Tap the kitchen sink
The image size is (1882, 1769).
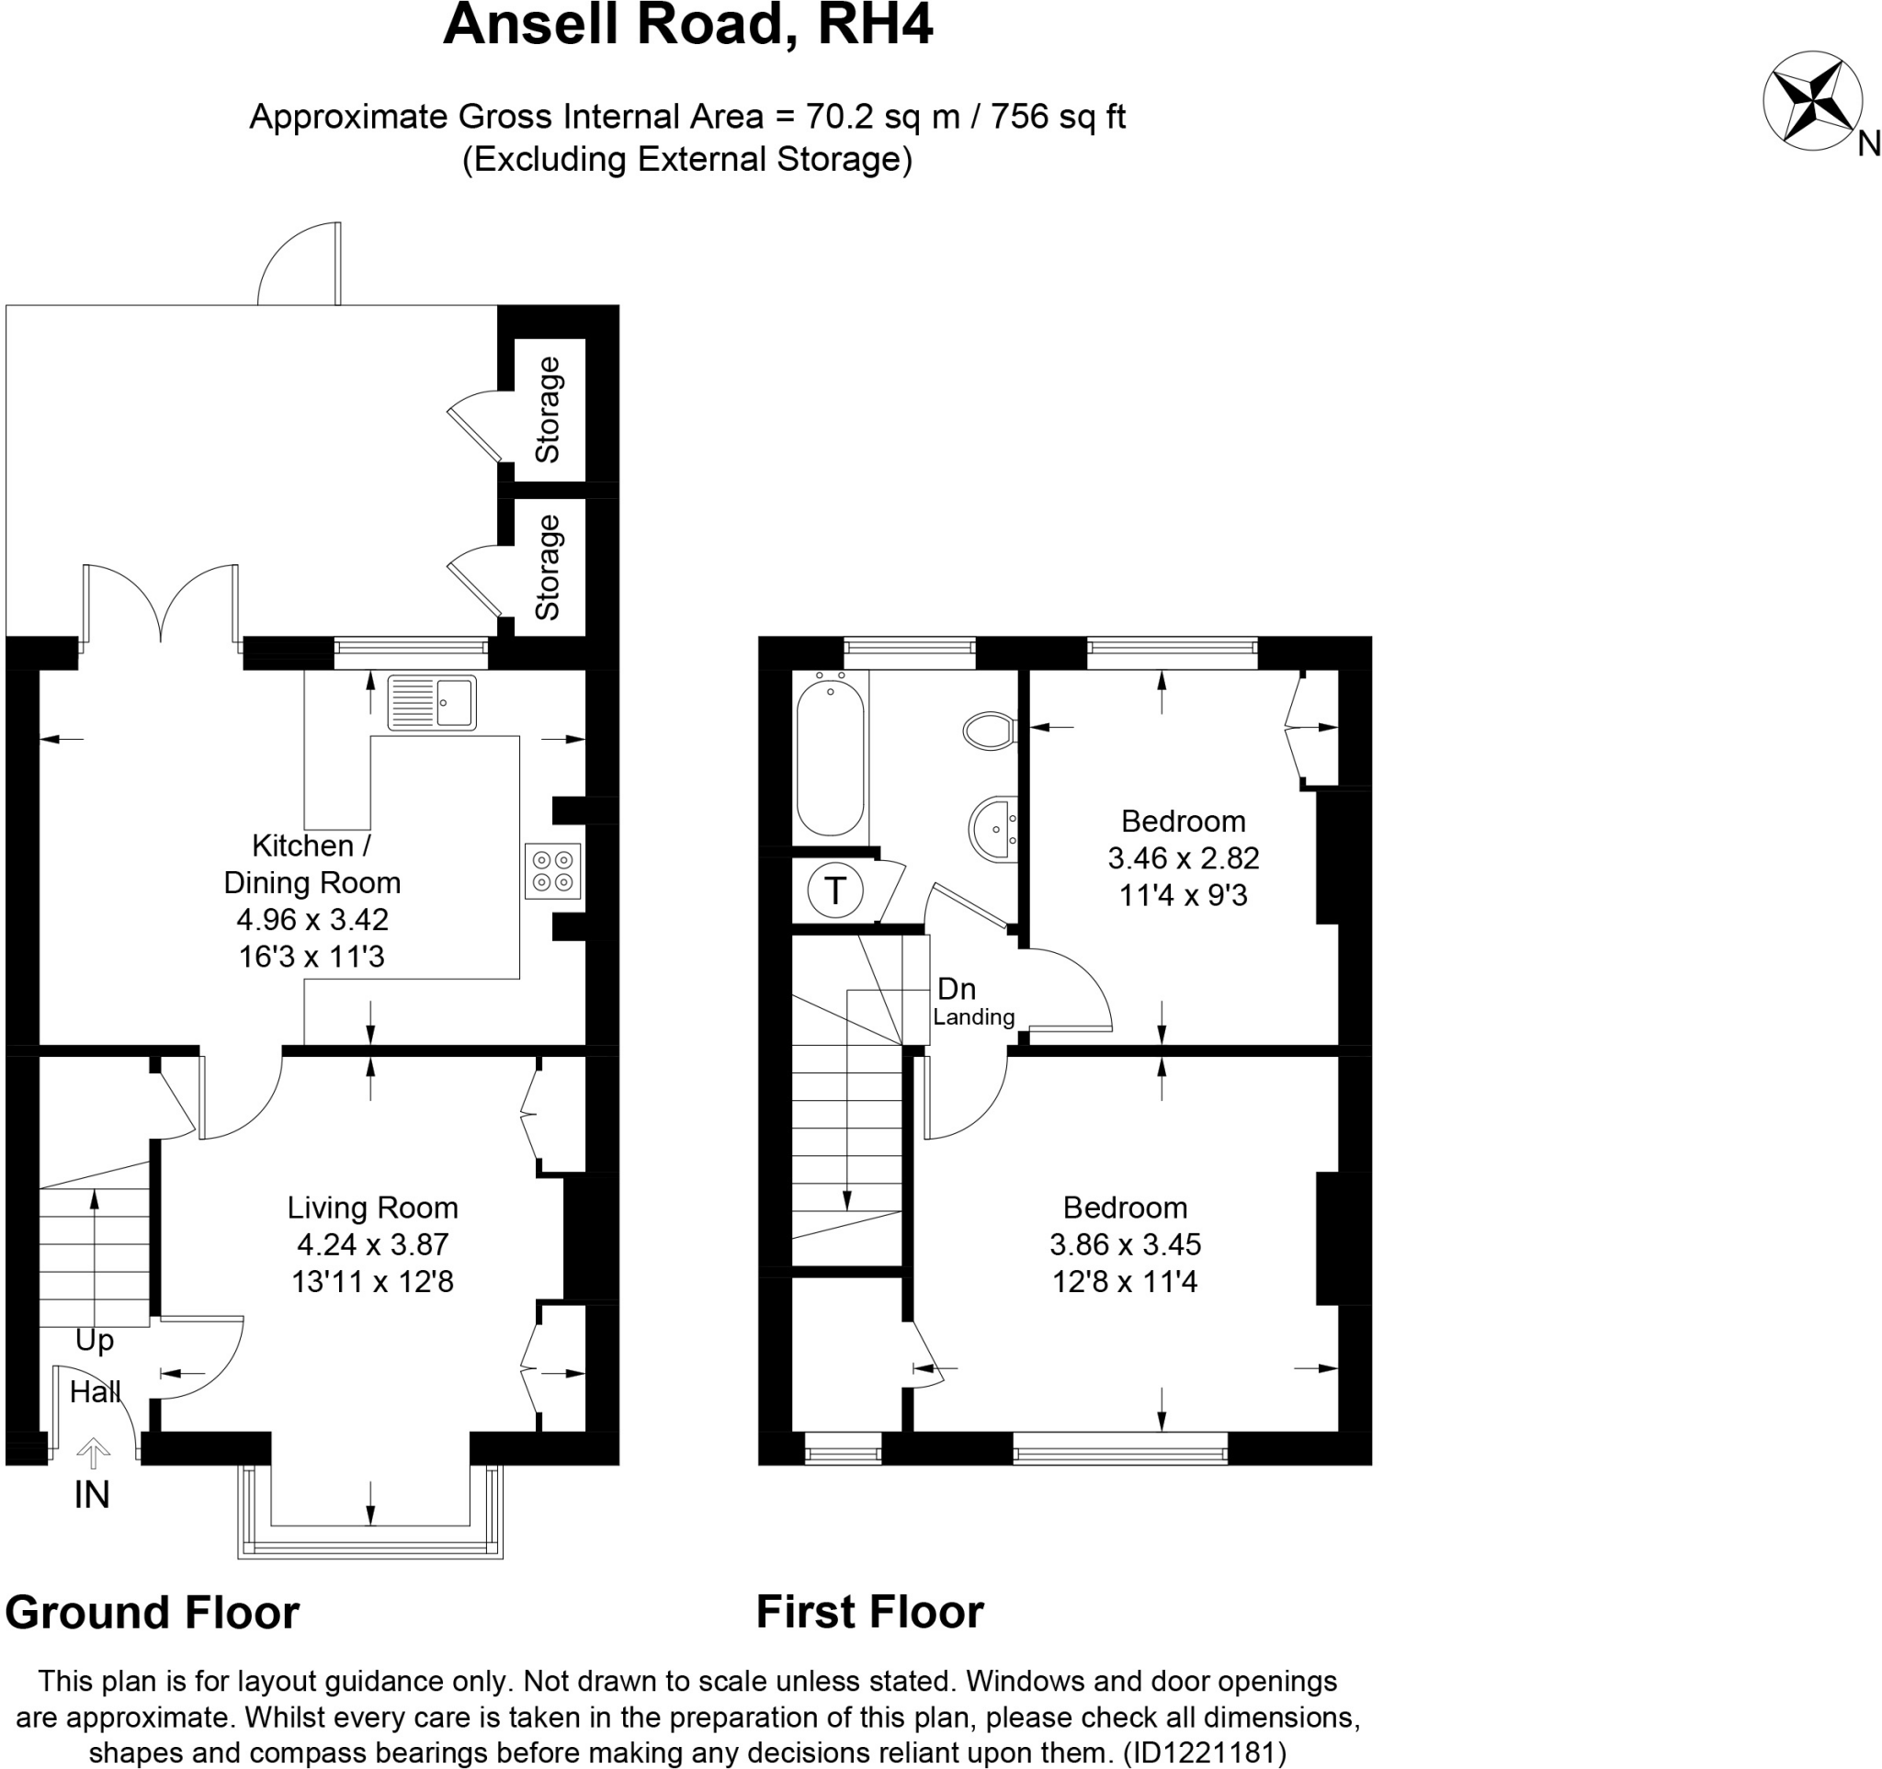(x=432, y=702)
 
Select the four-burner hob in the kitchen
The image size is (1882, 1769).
(x=553, y=871)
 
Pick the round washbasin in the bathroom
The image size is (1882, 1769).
(x=993, y=829)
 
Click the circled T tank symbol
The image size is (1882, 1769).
(x=835, y=890)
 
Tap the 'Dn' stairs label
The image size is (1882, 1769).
(x=956, y=989)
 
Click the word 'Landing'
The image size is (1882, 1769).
(x=973, y=1017)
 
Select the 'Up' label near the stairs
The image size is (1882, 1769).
(x=95, y=1340)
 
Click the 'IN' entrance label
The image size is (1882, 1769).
(x=92, y=1494)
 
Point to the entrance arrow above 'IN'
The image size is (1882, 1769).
(x=93, y=1452)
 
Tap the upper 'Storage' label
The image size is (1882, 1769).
(x=548, y=410)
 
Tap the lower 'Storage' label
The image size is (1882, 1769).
(x=548, y=567)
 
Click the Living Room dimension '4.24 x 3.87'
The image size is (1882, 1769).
(x=372, y=1244)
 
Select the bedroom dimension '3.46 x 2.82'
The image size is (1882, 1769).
(x=1184, y=858)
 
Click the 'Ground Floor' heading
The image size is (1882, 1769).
(x=153, y=1612)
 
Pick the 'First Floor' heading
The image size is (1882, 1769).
(x=869, y=1612)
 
